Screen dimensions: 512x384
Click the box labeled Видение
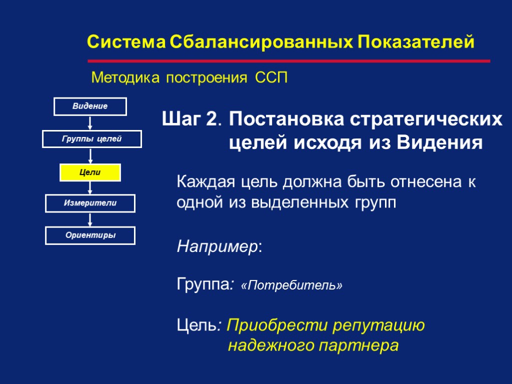coord(90,106)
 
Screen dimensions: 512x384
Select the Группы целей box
coord(92,139)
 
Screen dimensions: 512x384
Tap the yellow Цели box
coord(90,172)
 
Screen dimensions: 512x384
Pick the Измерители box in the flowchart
coord(90,203)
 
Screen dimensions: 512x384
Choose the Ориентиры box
coord(90,235)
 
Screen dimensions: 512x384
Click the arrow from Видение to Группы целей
coord(90,123)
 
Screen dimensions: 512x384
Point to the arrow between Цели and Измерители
coord(90,188)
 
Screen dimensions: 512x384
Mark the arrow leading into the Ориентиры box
coord(90,219)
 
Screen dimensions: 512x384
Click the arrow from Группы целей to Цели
coord(90,155)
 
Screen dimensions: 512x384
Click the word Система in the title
coord(125,42)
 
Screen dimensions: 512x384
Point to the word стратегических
coord(425,119)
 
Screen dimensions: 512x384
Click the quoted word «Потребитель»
coord(291,285)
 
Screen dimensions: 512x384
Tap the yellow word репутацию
coord(376,326)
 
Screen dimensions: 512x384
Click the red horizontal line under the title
coord(289,61)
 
